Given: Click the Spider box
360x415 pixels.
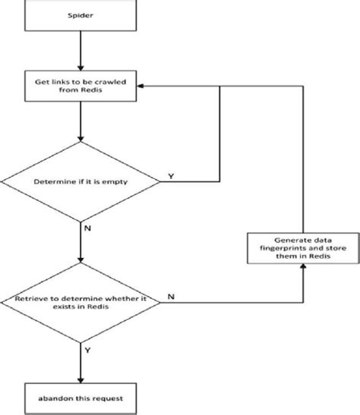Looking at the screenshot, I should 80,14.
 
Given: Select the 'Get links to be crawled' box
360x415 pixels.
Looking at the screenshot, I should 80,86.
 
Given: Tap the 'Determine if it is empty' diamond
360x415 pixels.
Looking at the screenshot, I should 80,182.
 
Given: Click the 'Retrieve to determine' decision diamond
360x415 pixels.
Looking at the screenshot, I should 80,302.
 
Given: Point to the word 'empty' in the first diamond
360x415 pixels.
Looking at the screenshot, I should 107,182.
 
